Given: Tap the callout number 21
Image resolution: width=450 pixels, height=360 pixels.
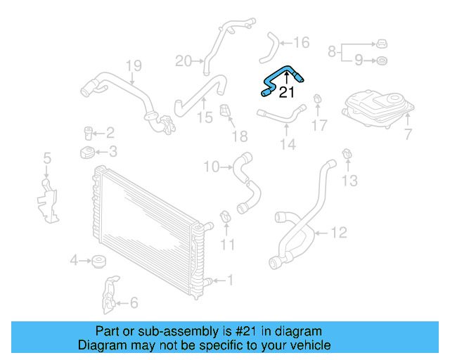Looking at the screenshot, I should (x=287, y=91).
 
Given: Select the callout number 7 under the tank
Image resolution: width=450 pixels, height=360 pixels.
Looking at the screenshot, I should (x=409, y=133).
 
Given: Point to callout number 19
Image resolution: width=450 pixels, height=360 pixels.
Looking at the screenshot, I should (x=134, y=66).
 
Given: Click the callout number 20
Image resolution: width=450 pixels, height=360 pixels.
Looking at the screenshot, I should (x=183, y=61).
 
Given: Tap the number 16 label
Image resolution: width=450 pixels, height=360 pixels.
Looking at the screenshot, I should (x=301, y=43).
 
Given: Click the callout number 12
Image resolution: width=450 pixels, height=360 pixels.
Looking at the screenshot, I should (x=339, y=231).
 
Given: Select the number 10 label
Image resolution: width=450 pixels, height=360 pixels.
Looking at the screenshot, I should (x=212, y=167).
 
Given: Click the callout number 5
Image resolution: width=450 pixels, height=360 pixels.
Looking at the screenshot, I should (x=47, y=158).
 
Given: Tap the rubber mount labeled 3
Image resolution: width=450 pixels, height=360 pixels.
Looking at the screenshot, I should (x=86, y=153).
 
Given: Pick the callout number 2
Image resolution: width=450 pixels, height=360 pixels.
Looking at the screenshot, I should (x=110, y=132).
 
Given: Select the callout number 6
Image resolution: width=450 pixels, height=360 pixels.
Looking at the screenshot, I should (x=134, y=303).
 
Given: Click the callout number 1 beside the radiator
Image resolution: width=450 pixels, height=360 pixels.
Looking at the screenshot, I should (x=229, y=281).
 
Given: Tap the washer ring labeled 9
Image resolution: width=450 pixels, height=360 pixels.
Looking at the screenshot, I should (x=381, y=61).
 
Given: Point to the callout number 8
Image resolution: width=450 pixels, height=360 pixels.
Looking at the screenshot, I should (x=331, y=51).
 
